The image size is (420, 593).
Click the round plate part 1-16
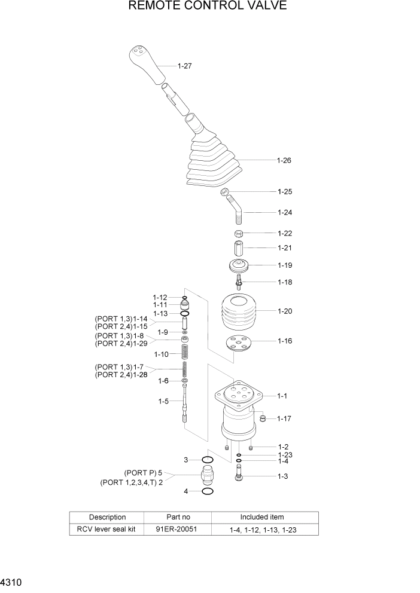[x=238, y=344]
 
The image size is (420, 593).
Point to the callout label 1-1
[x=283, y=396]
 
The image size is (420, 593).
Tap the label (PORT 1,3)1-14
[x=121, y=319]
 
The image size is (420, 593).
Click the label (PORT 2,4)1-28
[x=121, y=374]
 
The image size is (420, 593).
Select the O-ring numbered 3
[x=207, y=460]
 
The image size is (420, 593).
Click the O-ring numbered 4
[x=207, y=491]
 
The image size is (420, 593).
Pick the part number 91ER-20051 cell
[x=178, y=529]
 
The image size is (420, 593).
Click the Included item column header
[x=262, y=517]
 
